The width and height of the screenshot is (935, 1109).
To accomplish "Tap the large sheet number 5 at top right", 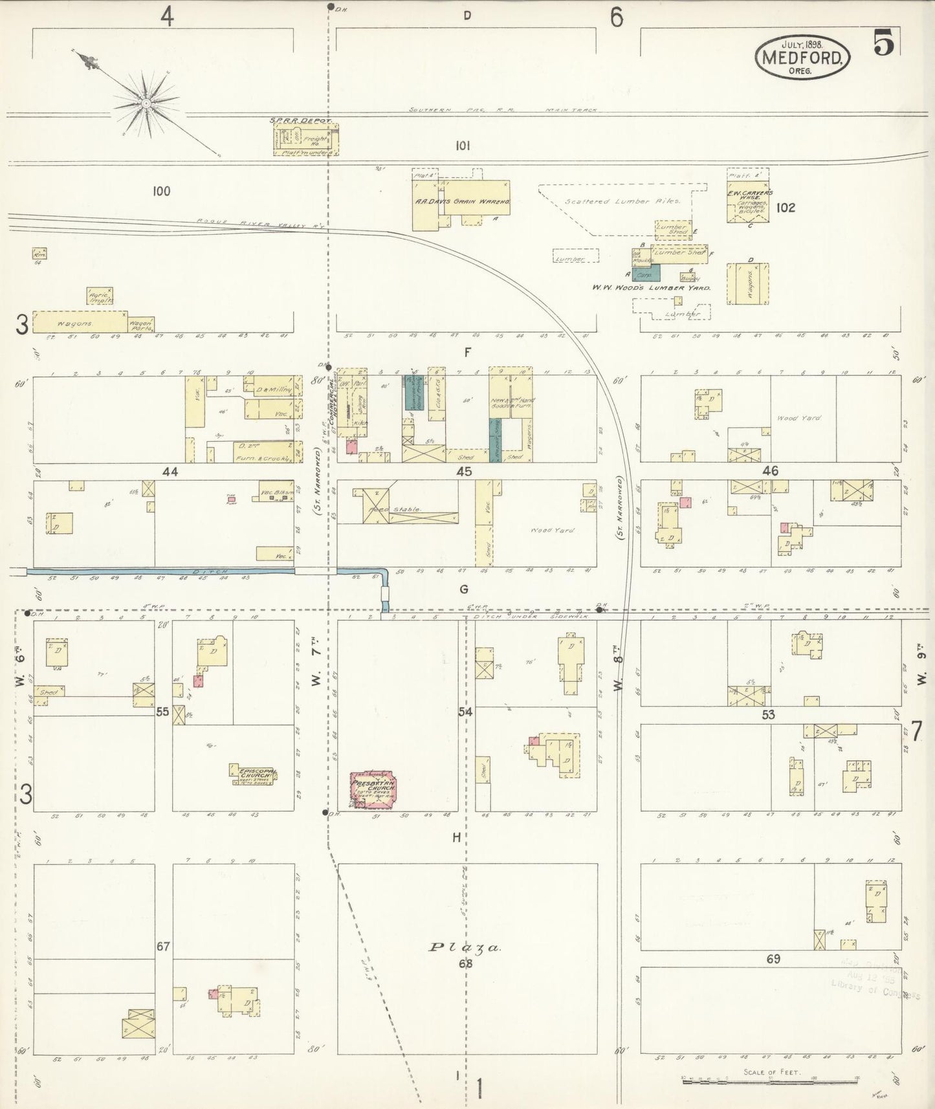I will [x=884, y=43].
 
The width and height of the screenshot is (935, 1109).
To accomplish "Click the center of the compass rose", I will [x=146, y=104].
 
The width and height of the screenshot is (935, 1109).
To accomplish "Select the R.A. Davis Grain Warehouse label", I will [x=463, y=201].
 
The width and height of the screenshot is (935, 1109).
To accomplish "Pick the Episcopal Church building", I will [x=253, y=774].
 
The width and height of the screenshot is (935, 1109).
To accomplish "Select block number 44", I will [x=170, y=472].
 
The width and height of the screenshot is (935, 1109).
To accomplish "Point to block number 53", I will [x=769, y=714].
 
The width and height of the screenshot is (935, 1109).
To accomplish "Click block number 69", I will [x=773, y=958].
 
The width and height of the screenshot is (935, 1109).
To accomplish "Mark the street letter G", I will [x=463, y=589].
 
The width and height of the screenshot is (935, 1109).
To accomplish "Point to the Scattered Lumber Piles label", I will [x=622, y=201].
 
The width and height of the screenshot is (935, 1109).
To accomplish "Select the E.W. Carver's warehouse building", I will [x=747, y=203].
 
